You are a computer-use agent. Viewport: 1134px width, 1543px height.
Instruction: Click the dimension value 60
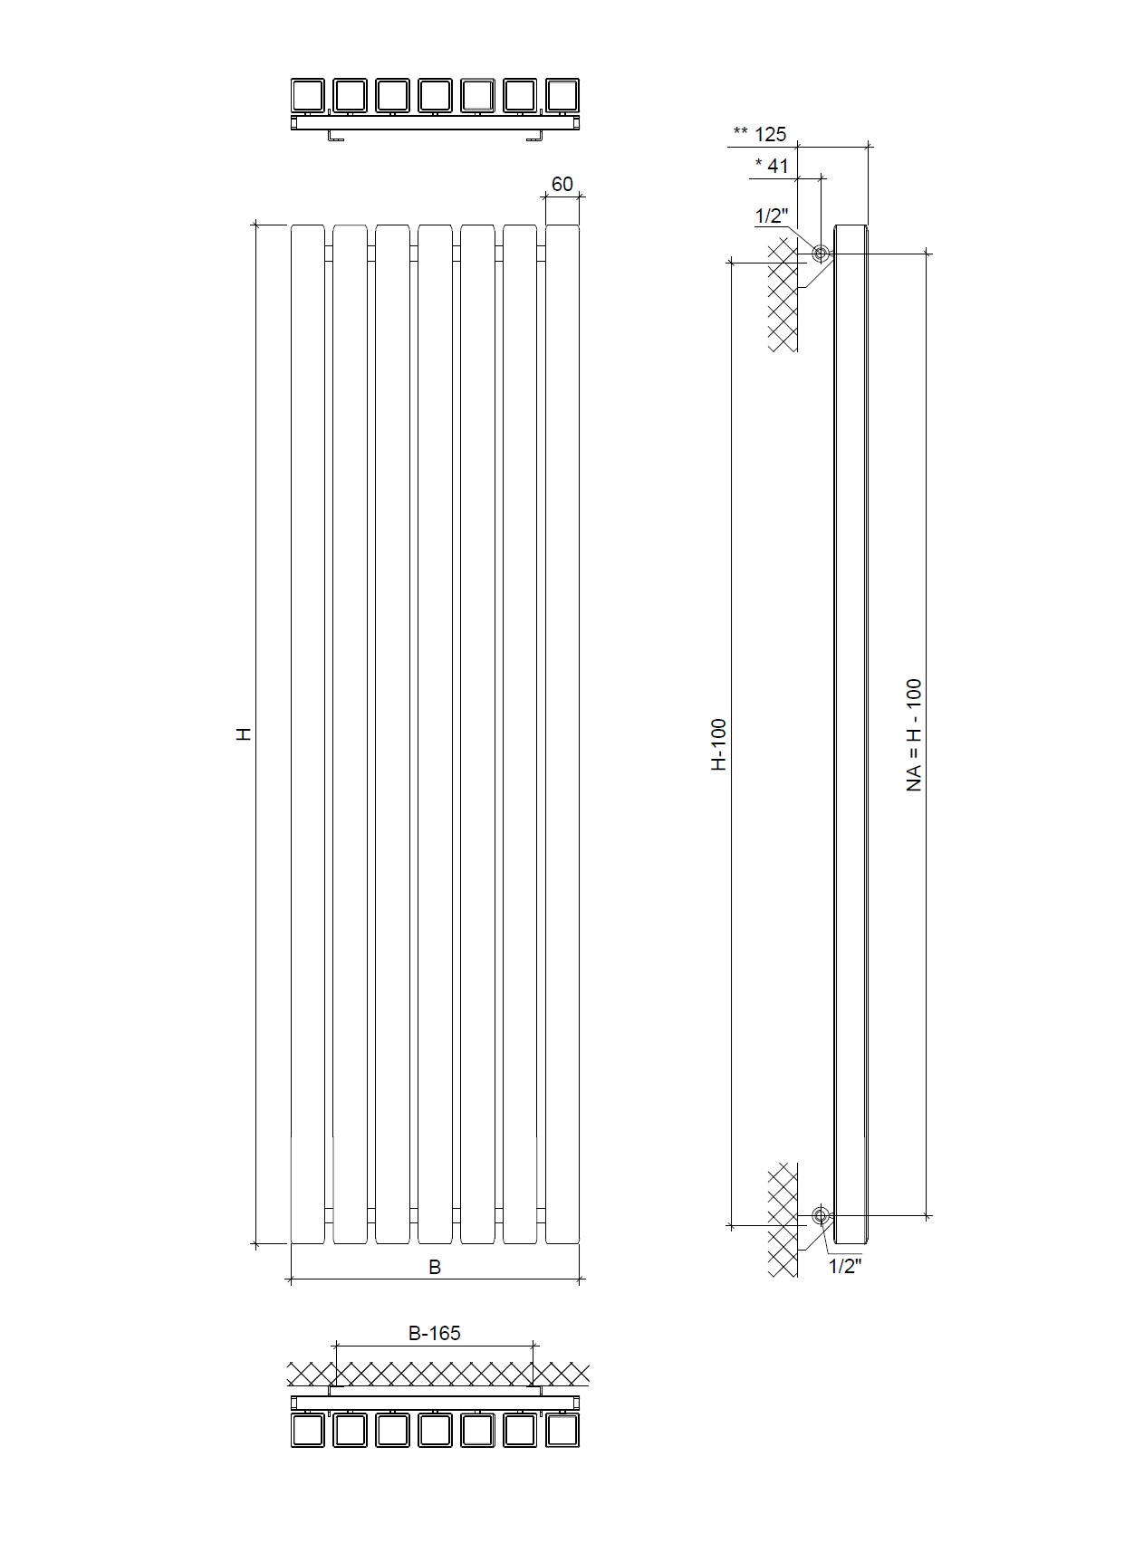pyautogui.click(x=562, y=184)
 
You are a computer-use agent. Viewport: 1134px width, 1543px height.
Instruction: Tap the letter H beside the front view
pyautogui.click(x=244, y=734)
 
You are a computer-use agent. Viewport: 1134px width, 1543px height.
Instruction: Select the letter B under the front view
pyautogui.click(x=435, y=1267)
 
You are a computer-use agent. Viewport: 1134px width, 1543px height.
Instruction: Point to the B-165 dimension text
pyautogui.click(x=434, y=1333)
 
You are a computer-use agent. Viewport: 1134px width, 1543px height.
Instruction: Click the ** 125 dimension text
pyautogui.click(x=760, y=134)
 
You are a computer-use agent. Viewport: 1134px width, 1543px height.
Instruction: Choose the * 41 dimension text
pyautogui.click(x=772, y=166)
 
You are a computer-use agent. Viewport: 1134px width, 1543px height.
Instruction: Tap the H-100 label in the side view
pyautogui.click(x=718, y=744)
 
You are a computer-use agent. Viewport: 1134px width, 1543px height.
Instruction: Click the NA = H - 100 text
pyautogui.click(x=914, y=735)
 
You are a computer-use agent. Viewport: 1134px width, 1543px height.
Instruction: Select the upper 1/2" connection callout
pyautogui.click(x=772, y=216)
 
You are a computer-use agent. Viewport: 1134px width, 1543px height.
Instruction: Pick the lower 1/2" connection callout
pyautogui.click(x=845, y=1266)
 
